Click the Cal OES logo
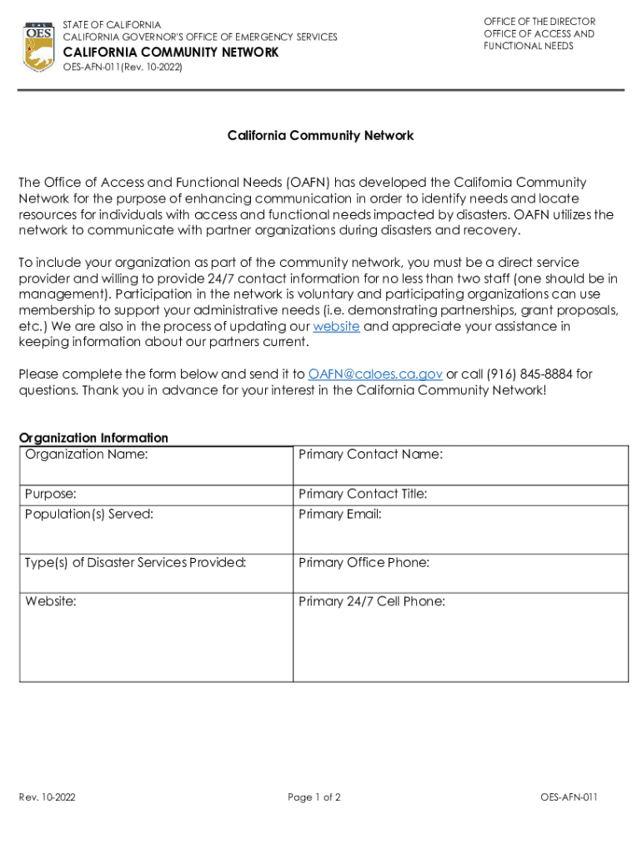click(39, 47)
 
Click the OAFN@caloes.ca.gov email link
click(375, 374)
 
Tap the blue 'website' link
click(336, 327)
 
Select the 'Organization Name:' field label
click(87, 455)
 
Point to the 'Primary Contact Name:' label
click(370, 455)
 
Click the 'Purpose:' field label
click(51, 495)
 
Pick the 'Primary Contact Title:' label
click(363, 495)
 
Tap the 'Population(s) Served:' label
click(89, 515)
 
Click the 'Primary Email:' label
click(340, 515)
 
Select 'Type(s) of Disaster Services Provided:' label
click(136, 563)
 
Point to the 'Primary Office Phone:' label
click(364, 563)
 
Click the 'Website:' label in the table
click(51, 601)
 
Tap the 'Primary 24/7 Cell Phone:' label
click(372, 601)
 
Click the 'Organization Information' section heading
click(93, 438)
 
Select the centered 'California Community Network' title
click(321, 135)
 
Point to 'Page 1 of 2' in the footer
click(314, 798)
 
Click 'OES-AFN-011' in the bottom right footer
click(569, 798)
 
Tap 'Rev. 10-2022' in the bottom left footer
click(48, 798)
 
